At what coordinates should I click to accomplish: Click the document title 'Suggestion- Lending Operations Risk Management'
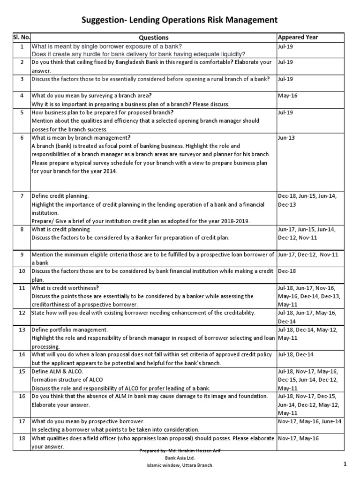coord(180,20)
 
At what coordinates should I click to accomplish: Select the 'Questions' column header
coord(153,37)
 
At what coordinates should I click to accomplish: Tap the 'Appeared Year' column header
coord(298,37)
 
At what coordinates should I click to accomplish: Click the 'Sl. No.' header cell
coord(21,37)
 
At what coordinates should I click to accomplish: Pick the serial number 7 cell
coord(21,195)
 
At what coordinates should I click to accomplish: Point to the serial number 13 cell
coord(21,330)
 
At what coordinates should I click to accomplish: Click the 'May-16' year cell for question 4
coord(287,95)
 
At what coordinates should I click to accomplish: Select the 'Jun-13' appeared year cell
coord(287,138)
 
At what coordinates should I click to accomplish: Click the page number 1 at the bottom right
coord(345,464)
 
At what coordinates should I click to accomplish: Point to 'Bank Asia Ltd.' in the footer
coord(180,457)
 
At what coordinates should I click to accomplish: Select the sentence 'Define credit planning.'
coord(60,196)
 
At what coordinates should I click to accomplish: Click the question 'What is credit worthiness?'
coord(65,288)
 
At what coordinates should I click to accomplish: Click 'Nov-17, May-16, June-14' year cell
coord(310,421)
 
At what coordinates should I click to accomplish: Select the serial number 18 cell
coord(21,438)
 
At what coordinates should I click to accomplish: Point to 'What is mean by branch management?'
coord(81,138)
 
